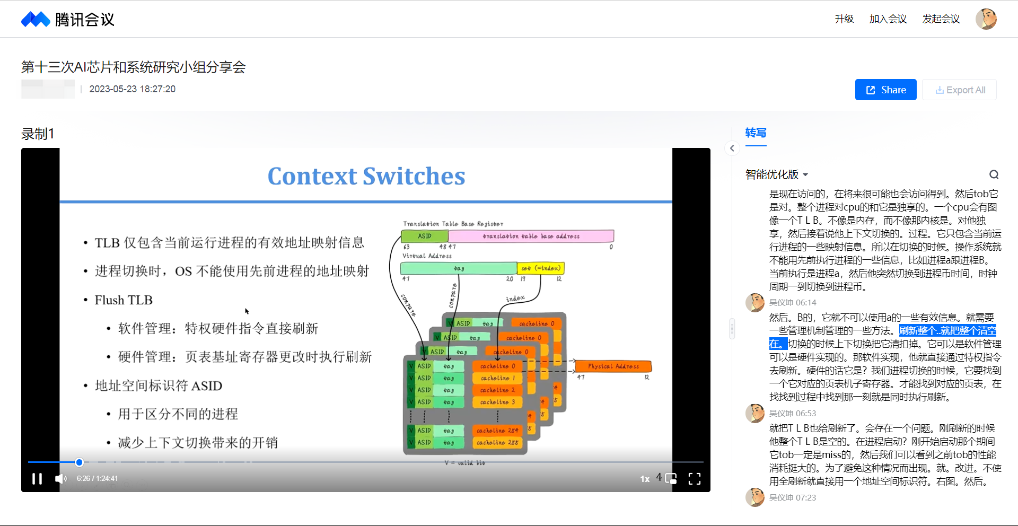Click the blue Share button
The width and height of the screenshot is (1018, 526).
coord(885,90)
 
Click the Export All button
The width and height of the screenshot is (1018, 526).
coord(960,90)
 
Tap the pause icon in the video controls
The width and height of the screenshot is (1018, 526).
coord(37,479)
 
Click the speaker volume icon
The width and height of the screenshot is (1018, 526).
coord(61,479)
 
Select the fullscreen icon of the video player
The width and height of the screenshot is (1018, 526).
coord(695,479)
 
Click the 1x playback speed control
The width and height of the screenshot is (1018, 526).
coord(645,479)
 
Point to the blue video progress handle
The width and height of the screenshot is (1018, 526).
coord(80,462)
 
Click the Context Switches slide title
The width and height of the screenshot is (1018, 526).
coord(366,176)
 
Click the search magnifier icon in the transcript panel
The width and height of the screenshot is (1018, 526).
coord(994,174)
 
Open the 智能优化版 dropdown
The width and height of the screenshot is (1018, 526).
coord(777,174)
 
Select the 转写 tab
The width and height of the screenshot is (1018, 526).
coord(756,133)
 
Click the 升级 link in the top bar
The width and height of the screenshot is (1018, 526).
coord(844,19)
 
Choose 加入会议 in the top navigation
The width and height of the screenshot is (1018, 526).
coord(888,19)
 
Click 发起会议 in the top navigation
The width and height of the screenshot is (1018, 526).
coord(941,19)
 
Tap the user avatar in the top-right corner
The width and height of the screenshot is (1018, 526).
coord(986,19)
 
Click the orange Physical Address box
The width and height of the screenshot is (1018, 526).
coord(613,366)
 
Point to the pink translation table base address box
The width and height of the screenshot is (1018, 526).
coord(531,236)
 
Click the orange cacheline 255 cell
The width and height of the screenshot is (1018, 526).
coord(497,442)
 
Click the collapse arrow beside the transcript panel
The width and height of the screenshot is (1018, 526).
coord(732,148)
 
